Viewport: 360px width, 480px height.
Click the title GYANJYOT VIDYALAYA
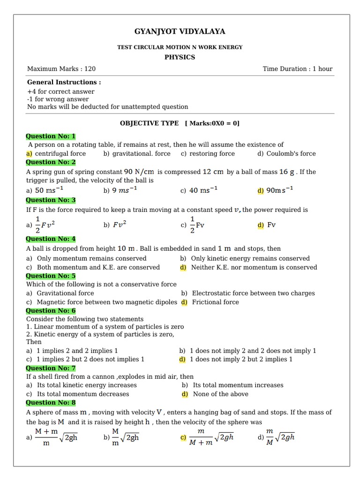180,31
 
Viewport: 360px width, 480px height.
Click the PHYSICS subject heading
180,57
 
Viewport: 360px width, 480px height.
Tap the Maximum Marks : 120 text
61,69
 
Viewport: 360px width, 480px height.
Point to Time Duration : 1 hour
297,69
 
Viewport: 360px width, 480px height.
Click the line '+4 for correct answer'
60,91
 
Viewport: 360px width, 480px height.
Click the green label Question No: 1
51,136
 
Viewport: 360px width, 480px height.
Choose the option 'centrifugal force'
60,154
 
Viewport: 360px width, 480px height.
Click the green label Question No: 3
51,200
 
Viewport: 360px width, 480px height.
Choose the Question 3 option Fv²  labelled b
120,225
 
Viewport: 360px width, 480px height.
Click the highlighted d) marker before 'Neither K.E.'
183,267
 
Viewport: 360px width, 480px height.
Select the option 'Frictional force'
215,302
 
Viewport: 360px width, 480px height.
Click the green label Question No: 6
51,311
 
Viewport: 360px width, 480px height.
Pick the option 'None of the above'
220,394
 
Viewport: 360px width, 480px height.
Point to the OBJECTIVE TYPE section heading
150,123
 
